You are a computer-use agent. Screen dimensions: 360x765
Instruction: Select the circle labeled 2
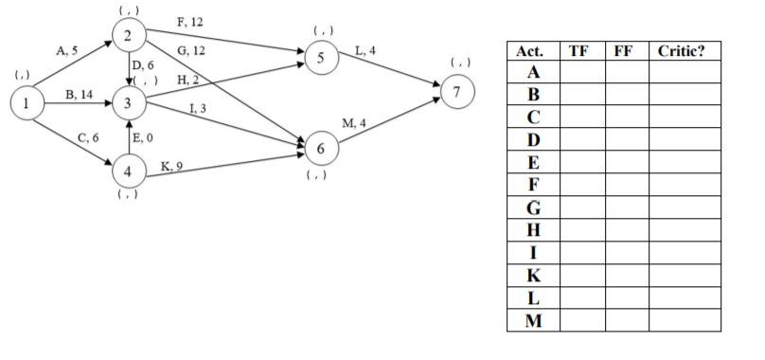128,37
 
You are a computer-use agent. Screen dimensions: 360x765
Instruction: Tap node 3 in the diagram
128,103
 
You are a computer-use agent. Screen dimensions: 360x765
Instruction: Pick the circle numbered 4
128,171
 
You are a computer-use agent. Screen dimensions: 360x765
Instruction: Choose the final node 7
457,92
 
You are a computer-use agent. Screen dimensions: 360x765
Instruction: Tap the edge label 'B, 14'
79,95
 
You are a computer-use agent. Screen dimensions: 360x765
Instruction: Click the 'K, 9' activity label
171,166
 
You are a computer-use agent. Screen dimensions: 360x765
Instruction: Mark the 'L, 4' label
365,48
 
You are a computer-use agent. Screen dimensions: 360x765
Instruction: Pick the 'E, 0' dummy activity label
143,138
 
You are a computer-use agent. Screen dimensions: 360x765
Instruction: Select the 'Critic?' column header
684,49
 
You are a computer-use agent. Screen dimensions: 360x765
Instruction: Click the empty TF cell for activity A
581,71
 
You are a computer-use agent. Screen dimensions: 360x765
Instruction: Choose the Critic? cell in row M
684,320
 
